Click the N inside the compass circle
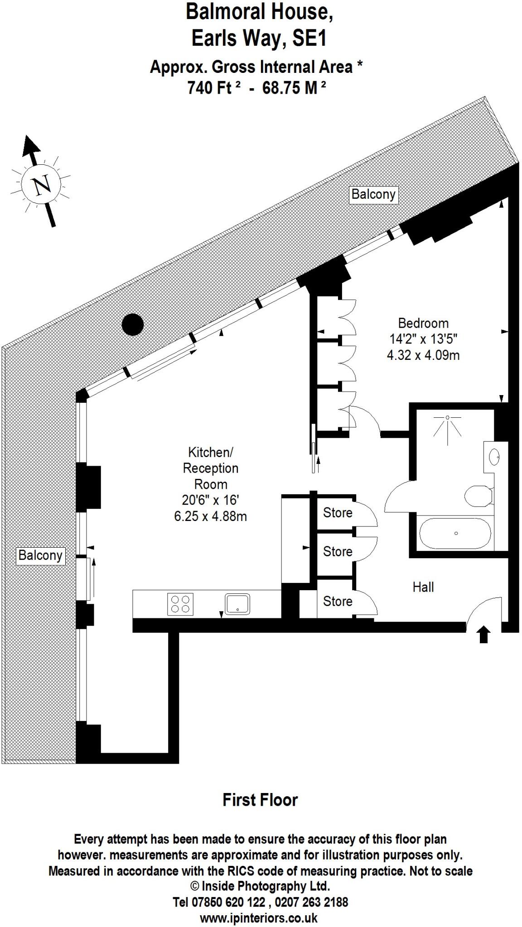tap(42, 185)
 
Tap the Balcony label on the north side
tap(373, 194)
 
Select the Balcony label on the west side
tap(40, 555)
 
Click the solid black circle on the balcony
tap(133, 324)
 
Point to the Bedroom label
tap(423, 323)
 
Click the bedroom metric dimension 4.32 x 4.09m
tap(423, 355)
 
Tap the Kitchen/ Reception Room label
tap(210, 468)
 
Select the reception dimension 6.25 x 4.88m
tap(210, 516)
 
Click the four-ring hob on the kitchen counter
tap(180, 604)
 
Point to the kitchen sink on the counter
tap(237, 604)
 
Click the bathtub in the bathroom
tap(455, 533)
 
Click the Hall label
tap(423, 587)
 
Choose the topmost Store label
tap(338, 512)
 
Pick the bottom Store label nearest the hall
tap(338, 601)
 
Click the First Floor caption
tap(260, 800)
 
